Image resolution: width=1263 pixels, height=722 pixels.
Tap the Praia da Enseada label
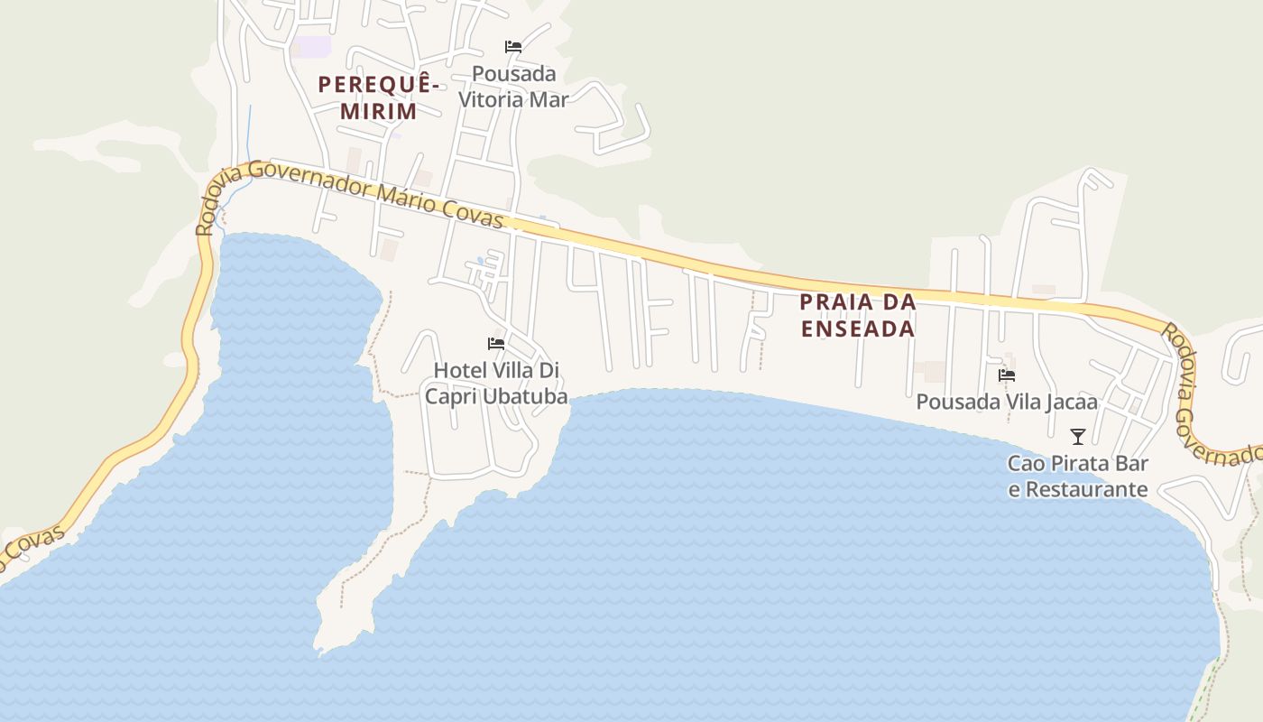(858, 315)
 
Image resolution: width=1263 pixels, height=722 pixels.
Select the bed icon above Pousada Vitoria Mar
(513, 47)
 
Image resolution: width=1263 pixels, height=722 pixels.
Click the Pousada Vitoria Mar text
(513, 86)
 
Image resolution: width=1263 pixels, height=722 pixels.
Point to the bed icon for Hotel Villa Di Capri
(495, 344)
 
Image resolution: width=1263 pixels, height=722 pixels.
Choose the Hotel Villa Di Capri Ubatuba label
(496, 384)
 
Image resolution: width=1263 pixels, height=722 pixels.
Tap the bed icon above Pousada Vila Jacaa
(1007, 375)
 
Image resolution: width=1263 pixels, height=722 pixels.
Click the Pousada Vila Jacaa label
(1007, 402)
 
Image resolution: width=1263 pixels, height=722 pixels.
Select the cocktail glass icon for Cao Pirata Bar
(1077, 437)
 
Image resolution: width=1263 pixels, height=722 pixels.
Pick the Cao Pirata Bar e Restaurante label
(1077, 477)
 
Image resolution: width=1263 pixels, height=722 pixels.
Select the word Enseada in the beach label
(858, 329)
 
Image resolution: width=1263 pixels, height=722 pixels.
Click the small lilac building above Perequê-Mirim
(314, 46)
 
